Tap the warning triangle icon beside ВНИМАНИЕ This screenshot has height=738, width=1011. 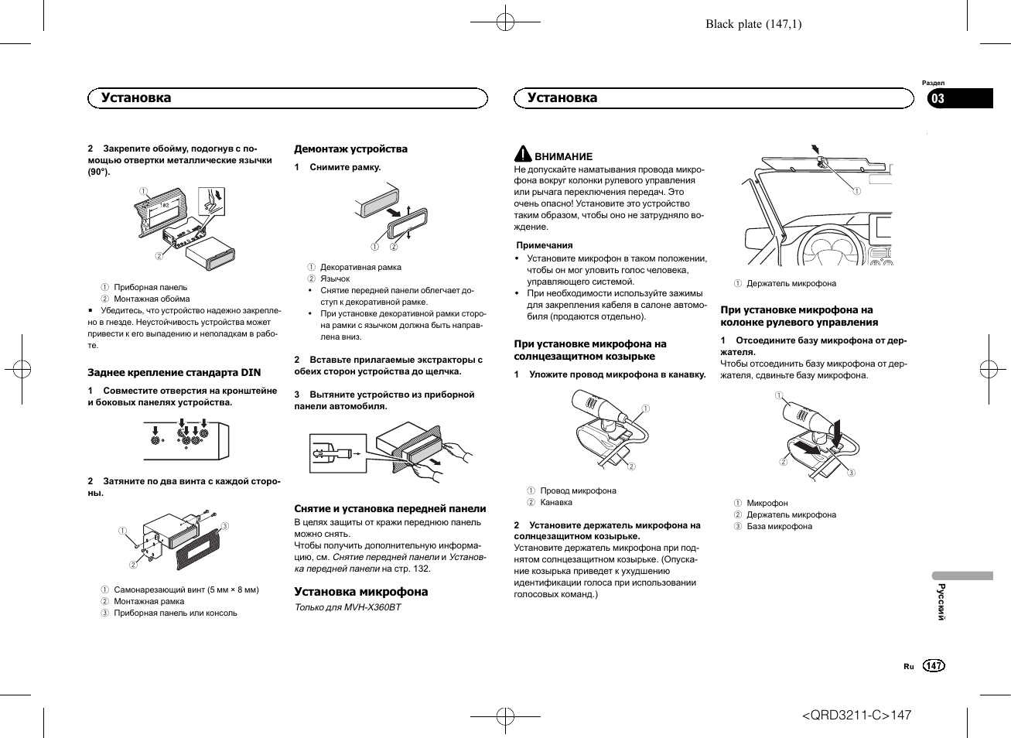(x=524, y=154)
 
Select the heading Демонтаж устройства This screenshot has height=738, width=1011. (x=350, y=149)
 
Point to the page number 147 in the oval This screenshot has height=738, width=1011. (x=934, y=666)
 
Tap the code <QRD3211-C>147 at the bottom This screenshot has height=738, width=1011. (x=856, y=715)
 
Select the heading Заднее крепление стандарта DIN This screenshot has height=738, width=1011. (x=174, y=373)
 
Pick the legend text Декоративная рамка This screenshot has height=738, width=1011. (x=360, y=268)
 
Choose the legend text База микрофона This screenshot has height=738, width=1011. (x=779, y=527)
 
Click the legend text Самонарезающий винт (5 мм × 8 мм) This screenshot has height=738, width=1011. (x=186, y=590)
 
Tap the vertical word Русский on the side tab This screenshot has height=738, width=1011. (x=941, y=601)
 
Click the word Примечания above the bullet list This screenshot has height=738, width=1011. (x=545, y=245)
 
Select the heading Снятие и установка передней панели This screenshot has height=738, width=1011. (x=390, y=509)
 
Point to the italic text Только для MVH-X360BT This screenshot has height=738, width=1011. (x=348, y=607)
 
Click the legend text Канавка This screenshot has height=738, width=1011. (x=556, y=503)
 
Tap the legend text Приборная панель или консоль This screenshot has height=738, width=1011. (x=175, y=613)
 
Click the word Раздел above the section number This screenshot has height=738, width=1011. (x=933, y=83)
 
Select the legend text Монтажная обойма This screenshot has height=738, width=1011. (x=152, y=299)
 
